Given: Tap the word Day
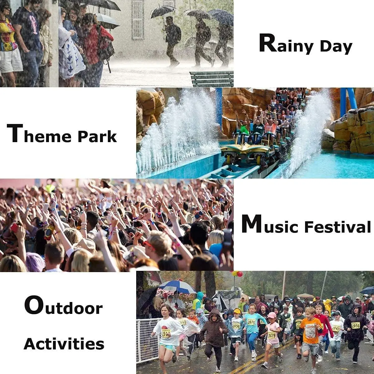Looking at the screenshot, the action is (336, 47).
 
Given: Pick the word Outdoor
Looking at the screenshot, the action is (64, 306).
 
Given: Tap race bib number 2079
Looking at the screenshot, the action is (271, 335).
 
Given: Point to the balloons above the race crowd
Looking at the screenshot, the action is (237, 274).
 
